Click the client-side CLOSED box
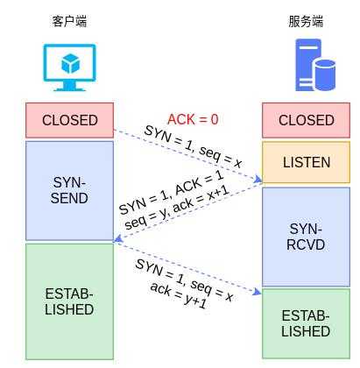pyautogui.click(x=69, y=120)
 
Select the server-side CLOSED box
pyautogui.click(x=306, y=120)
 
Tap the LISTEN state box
pyautogui.click(x=306, y=162)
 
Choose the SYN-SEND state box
pyautogui.click(x=69, y=191)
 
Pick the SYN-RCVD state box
pyautogui.click(x=306, y=237)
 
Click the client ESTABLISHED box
pyautogui.click(x=69, y=301)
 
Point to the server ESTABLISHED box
pyautogui.click(x=306, y=323)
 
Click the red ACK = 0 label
pyautogui.click(x=193, y=119)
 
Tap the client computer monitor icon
pyautogui.click(x=69, y=67)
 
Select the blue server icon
pyautogui.click(x=315, y=65)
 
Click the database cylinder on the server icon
pyautogui.click(x=325, y=74)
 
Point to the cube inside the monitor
pyautogui.click(x=70, y=63)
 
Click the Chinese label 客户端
pyautogui.click(x=69, y=22)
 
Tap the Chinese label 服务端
pyautogui.click(x=306, y=22)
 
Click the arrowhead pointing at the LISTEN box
pyautogui.click(x=258, y=180)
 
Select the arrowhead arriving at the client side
pyautogui.click(x=117, y=238)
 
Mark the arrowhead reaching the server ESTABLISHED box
pyautogui.click(x=258, y=292)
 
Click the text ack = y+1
pyautogui.click(x=179, y=295)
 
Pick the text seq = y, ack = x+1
pyautogui.click(x=177, y=207)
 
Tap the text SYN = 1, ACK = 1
pyautogui.click(x=172, y=192)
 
